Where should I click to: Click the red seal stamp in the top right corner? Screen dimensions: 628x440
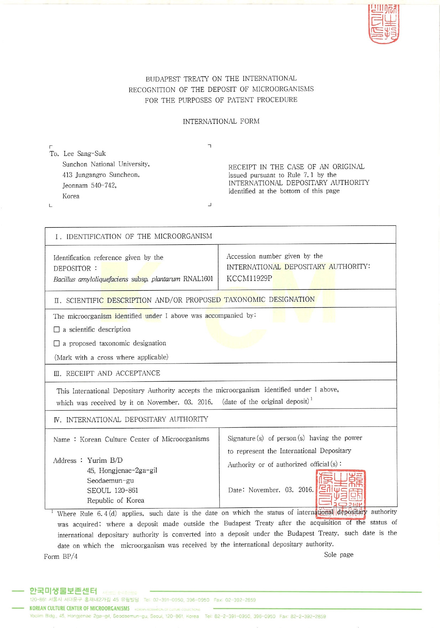coord(383,24)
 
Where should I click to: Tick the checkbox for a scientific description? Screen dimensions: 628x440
coord(57,330)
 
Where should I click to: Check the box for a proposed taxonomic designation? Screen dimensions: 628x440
coord(57,344)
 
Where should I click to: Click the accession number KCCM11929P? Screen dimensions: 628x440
coord(249,278)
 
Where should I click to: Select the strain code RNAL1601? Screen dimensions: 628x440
coord(198,279)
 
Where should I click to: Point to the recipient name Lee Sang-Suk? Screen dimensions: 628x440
coord(84,154)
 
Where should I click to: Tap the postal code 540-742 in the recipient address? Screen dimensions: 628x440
coord(103,185)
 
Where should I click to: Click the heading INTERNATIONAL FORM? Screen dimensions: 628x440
coord(221,121)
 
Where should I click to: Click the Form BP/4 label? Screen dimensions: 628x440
coord(61,556)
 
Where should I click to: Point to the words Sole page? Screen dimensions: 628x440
coord(339,555)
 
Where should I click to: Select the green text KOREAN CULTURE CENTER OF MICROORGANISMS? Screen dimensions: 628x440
coord(79,608)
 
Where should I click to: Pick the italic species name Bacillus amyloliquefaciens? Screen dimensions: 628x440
coord(90,279)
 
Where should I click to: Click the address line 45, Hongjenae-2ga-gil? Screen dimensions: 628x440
coord(122,471)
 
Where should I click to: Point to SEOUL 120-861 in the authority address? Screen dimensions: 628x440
coord(112,491)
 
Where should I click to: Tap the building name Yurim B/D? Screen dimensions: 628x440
coord(105,460)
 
